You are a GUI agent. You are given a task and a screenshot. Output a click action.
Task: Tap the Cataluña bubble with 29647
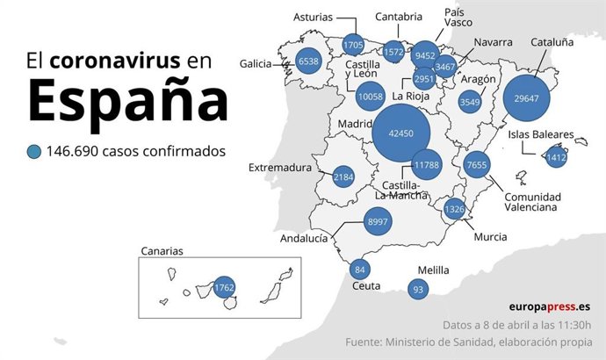527,98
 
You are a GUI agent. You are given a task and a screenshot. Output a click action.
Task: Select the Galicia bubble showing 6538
308,61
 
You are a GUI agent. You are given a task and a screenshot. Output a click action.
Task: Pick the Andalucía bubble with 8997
378,222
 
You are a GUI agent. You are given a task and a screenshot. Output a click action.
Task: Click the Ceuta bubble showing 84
358,269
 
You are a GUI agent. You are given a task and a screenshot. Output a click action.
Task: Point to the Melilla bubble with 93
418,289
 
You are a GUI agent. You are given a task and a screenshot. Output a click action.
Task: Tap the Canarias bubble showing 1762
225,288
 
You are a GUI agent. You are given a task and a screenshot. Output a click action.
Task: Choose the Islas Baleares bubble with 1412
556,158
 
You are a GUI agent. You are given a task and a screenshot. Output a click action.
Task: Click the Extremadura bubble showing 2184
344,177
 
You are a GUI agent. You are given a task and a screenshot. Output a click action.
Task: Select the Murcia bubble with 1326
454,209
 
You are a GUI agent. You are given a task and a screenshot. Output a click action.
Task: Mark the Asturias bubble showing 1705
353,45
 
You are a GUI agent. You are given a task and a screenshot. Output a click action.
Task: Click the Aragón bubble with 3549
471,102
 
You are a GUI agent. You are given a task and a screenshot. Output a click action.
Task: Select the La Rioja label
410,96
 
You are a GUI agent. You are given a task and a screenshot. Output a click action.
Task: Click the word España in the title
128,101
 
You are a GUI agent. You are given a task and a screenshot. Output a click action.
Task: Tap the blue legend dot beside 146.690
34,151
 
